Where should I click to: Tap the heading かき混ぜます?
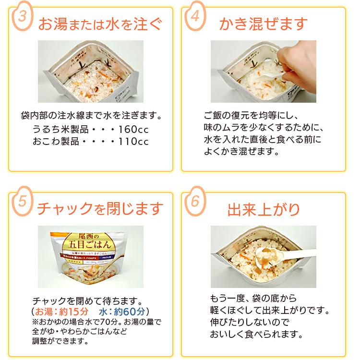[x=263, y=23]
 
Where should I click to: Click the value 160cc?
[x=131, y=130]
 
